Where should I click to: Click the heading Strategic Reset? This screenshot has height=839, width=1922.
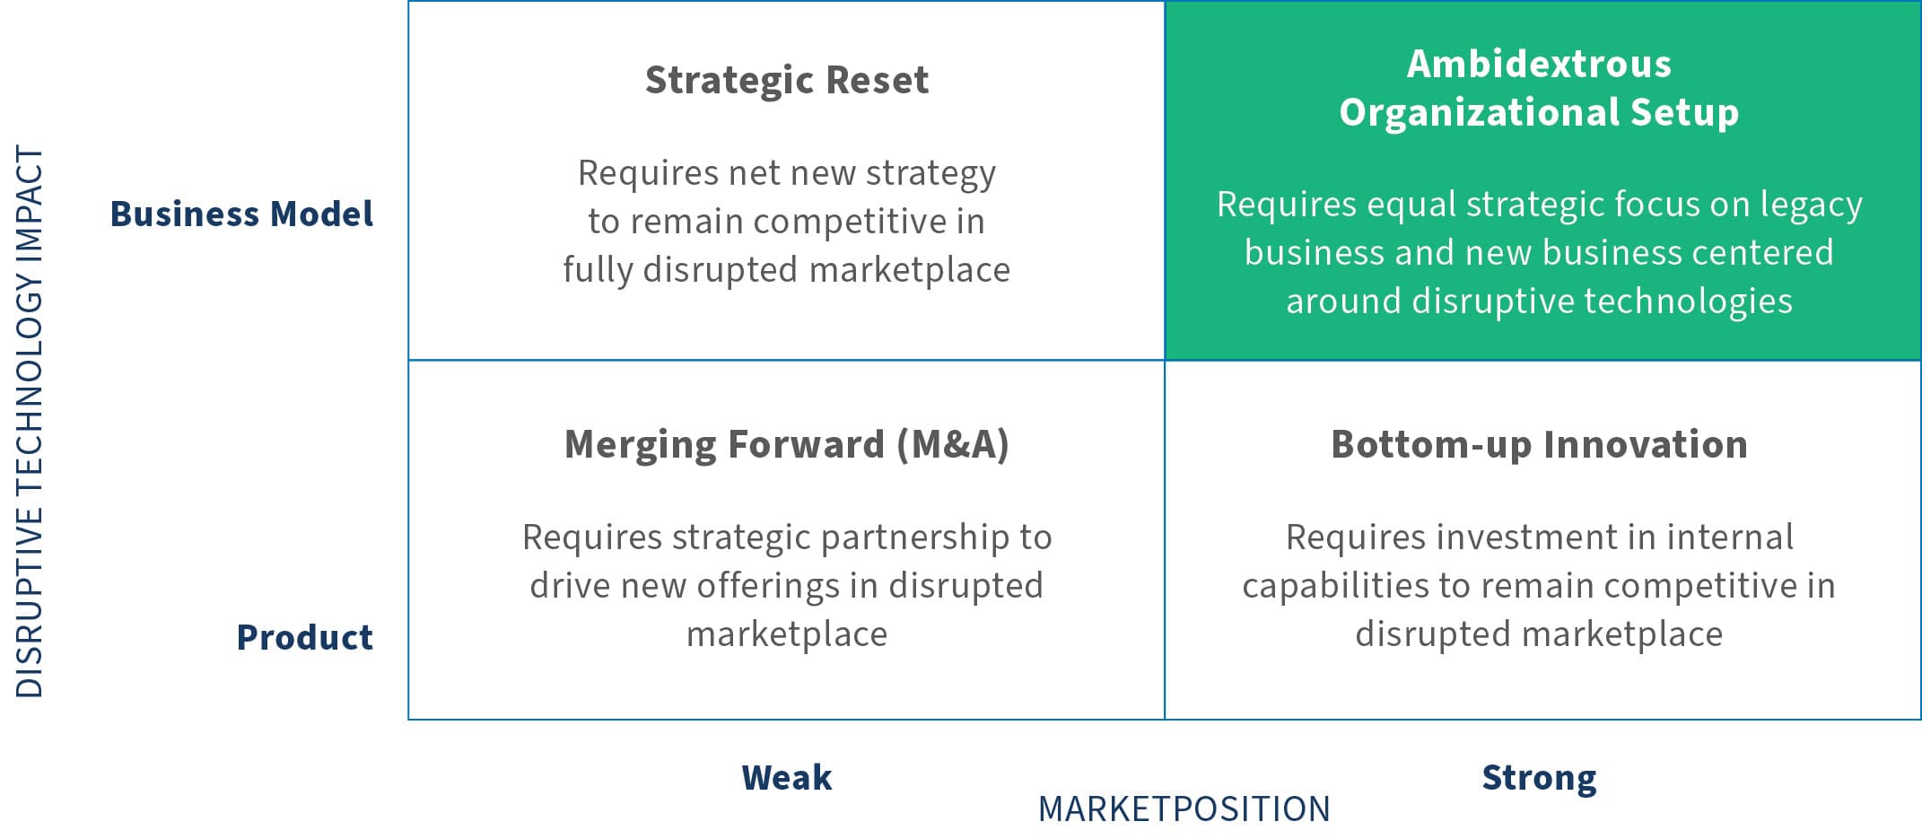tap(787, 81)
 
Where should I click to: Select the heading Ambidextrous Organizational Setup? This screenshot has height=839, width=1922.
tap(1540, 88)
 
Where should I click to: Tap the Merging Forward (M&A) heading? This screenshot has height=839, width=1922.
tap(787, 445)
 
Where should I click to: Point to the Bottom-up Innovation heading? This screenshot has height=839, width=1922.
tap(1540, 445)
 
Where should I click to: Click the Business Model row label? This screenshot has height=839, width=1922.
tap(241, 214)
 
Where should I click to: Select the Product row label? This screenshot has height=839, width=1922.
tap(305, 637)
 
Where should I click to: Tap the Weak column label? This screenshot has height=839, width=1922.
tap(787, 777)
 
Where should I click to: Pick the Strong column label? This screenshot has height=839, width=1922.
tap(1540, 778)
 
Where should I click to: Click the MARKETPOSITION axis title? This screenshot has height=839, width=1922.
tap(1184, 809)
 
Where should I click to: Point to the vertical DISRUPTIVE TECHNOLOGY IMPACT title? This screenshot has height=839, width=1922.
tap(30, 422)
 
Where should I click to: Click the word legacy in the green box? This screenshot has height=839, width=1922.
tap(1811, 205)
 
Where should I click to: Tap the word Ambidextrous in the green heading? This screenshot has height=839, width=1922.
tap(1540, 64)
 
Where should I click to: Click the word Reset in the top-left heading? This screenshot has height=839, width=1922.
tap(878, 81)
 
